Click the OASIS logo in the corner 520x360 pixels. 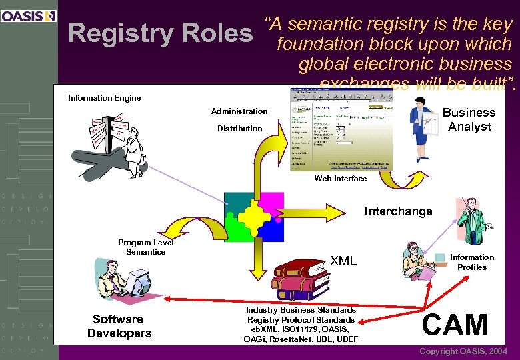coord(29,16)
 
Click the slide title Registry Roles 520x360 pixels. coord(160,33)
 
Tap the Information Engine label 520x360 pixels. coord(105,98)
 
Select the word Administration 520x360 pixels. coord(239,111)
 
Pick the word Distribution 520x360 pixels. coord(239,128)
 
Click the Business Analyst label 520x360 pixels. coord(469,119)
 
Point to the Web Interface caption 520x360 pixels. coord(340,179)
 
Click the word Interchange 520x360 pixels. coord(398,211)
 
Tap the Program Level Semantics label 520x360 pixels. coord(145,247)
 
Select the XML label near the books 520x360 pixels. coord(343,261)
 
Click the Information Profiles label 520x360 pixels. coord(471,262)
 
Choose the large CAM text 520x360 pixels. coord(455,325)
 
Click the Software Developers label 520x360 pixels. coord(119,326)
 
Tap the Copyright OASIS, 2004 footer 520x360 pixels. coord(463,351)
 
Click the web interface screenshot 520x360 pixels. coord(341,129)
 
